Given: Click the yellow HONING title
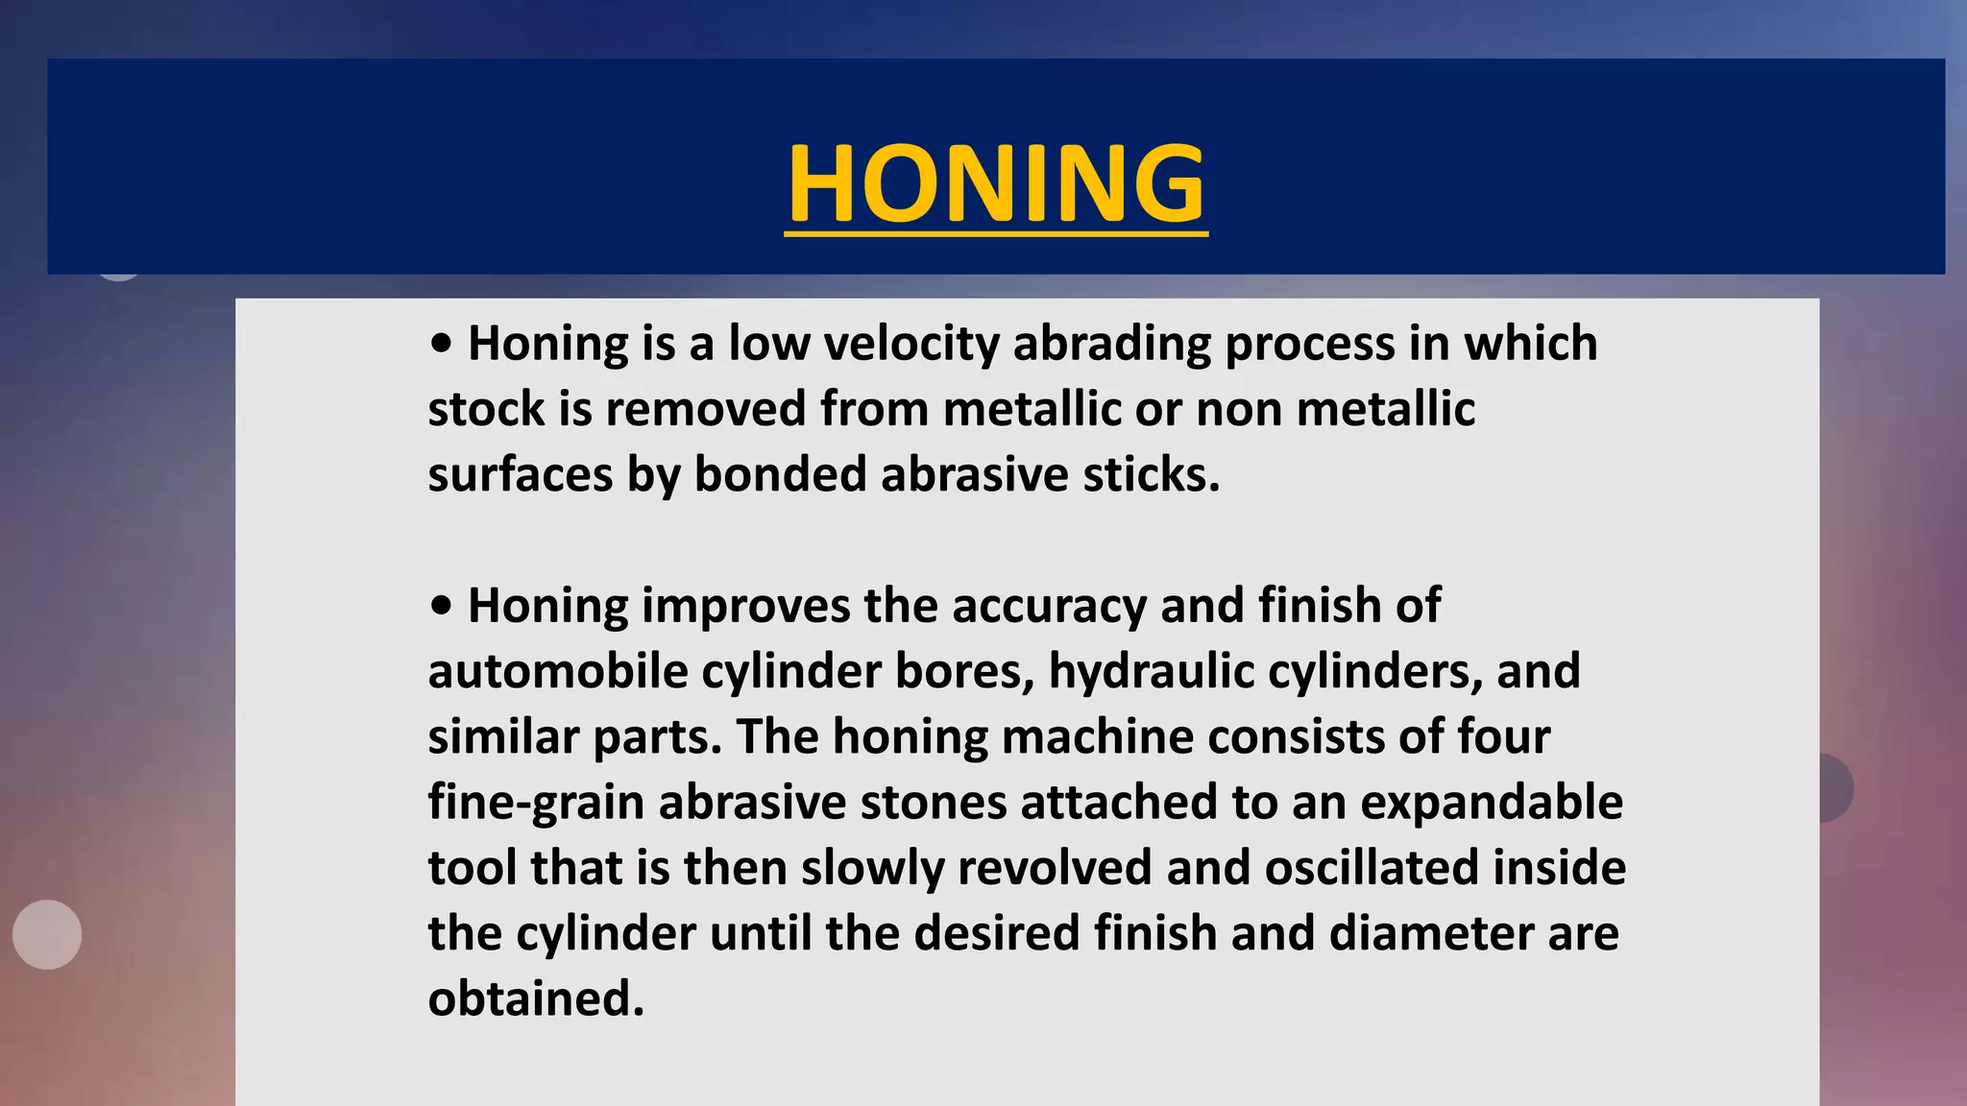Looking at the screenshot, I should (x=996, y=183).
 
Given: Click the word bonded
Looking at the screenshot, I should (x=780, y=474).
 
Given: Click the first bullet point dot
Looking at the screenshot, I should (x=441, y=345).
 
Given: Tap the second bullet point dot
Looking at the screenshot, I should (x=441, y=607).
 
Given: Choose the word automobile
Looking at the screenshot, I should (x=557, y=671).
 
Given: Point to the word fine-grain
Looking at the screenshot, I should (x=535, y=803).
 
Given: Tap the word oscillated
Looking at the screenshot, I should (x=1371, y=868).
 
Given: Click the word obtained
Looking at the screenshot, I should (x=535, y=998).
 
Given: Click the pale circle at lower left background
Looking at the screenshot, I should (x=47, y=934).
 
